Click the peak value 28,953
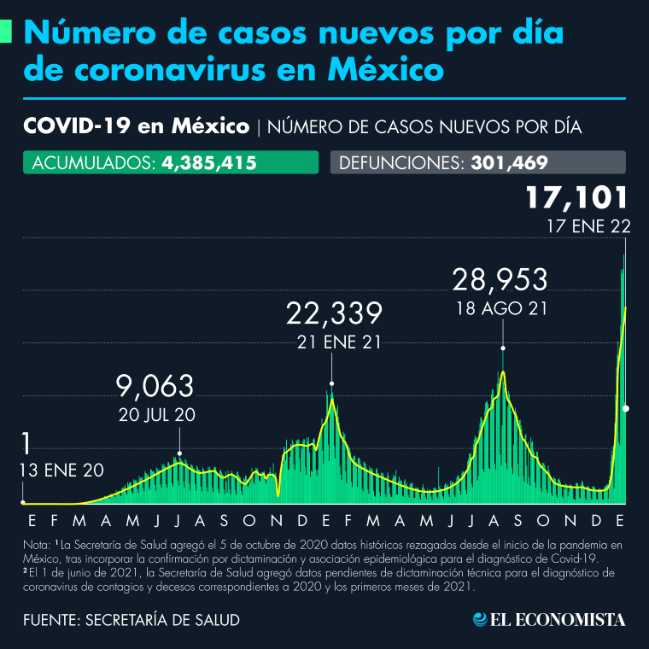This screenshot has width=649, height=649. pyautogui.click(x=500, y=281)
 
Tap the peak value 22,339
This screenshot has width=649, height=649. pyautogui.click(x=333, y=313)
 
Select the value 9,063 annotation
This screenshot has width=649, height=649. pyautogui.click(x=155, y=387)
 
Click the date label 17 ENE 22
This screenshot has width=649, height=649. pyautogui.click(x=588, y=228)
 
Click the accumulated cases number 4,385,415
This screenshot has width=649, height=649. pyautogui.click(x=208, y=163)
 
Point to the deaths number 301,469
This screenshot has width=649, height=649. pyautogui.click(x=509, y=163)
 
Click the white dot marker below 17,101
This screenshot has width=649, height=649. pyautogui.click(x=626, y=409)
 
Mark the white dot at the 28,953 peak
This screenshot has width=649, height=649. pyautogui.click(x=503, y=348)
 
